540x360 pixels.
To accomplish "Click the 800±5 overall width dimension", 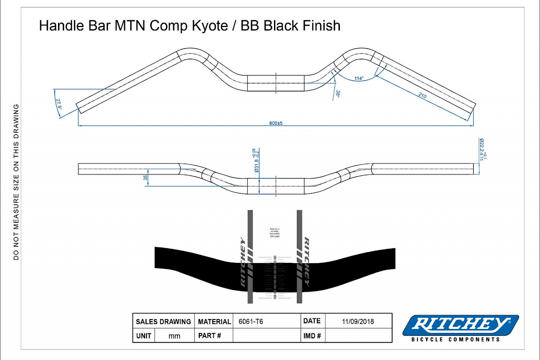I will tap(276, 123).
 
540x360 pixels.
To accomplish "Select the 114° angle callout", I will tap(359, 79).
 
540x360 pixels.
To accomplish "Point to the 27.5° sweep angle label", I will tap(59, 104).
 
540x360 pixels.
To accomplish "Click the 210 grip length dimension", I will tap(422, 95).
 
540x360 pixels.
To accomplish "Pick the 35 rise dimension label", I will tap(145, 177).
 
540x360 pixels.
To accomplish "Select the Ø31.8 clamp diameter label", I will tap(256, 161).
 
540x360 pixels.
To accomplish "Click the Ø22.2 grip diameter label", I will tap(483, 149).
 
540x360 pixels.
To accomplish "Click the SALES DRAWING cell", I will tap(163, 322).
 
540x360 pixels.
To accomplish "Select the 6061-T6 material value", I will tap(251, 322).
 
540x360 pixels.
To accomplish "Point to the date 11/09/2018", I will tap(358, 322).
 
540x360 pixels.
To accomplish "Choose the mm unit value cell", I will tap(174, 336).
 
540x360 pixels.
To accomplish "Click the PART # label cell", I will tap(210, 336).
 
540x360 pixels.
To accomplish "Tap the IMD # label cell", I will tap(312, 336).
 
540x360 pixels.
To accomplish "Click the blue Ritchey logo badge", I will tap(461, 325).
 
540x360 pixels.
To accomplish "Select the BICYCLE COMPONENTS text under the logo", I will tap(455, 339).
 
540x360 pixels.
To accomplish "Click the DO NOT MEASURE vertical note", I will tap(16, 182).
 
